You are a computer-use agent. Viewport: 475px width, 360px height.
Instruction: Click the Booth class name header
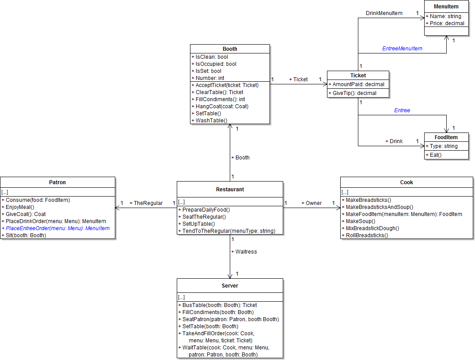point(230,49)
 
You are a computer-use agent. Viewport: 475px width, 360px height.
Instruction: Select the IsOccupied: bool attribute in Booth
point(216,64)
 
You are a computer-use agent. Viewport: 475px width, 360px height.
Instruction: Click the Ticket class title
point(358,75)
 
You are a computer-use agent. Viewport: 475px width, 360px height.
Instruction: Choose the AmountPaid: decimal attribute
point(358,84)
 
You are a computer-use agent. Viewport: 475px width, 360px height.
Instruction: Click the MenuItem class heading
point(446,7)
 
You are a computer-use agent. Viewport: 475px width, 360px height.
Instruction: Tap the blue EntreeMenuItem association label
point(402,49)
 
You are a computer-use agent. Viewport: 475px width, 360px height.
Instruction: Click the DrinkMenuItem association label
point(384,13)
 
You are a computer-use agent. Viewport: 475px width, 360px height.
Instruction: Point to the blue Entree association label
point(402,110)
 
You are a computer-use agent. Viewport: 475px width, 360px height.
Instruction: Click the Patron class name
point(58,182)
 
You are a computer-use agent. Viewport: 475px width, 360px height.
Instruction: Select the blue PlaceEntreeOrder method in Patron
point(57,228)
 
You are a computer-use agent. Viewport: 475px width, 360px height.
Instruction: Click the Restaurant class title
point(230,189)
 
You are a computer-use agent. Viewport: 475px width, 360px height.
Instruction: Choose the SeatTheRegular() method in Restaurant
point(204,217)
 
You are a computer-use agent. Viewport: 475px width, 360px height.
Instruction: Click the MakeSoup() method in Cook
point(360,221)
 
